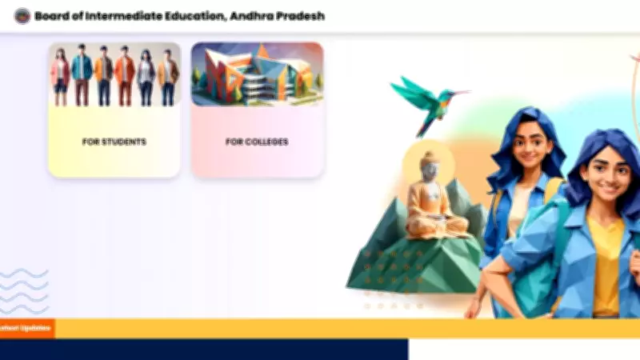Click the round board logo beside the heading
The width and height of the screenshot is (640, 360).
pos(22,16)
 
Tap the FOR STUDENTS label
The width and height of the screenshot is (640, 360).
pos(114,142)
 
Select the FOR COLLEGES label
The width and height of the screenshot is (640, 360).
pos(257,142)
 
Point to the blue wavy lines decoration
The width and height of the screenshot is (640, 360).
pos(24,292)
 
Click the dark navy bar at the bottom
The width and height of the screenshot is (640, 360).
pos(204,350)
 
